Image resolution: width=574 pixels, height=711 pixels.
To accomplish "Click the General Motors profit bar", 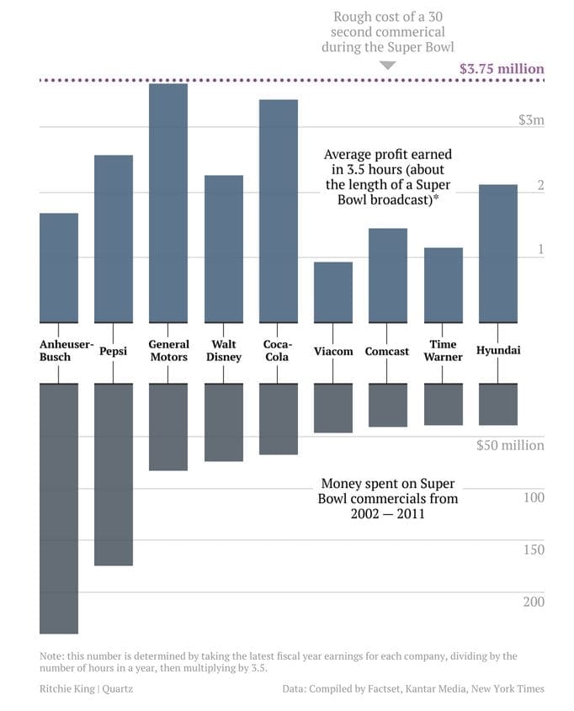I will [x=168, y=203].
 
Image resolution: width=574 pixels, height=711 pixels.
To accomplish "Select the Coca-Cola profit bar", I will [x=279, y=210].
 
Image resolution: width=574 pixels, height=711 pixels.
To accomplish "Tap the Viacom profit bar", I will [x=333, y=292].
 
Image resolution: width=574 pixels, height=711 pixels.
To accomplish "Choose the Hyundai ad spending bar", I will [x=498, y=405].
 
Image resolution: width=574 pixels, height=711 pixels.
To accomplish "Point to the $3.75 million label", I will [x=502, y=69].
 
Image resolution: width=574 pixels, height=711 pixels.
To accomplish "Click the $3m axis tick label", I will [x=531, y=120].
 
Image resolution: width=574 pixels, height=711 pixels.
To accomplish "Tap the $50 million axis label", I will [x=510, y=445].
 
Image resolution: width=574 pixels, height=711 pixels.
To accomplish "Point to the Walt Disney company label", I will [x=224, y=351].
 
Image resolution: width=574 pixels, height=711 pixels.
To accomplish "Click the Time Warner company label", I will [x=443, y=351].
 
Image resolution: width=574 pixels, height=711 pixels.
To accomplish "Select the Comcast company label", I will [x=387, y=351].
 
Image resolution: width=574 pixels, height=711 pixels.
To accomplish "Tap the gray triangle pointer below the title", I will [x=387, y=66].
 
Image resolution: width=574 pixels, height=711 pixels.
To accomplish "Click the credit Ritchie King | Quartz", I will [x=86, y=688].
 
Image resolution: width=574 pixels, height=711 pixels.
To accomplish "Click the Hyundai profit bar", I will [x=498, y=253].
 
